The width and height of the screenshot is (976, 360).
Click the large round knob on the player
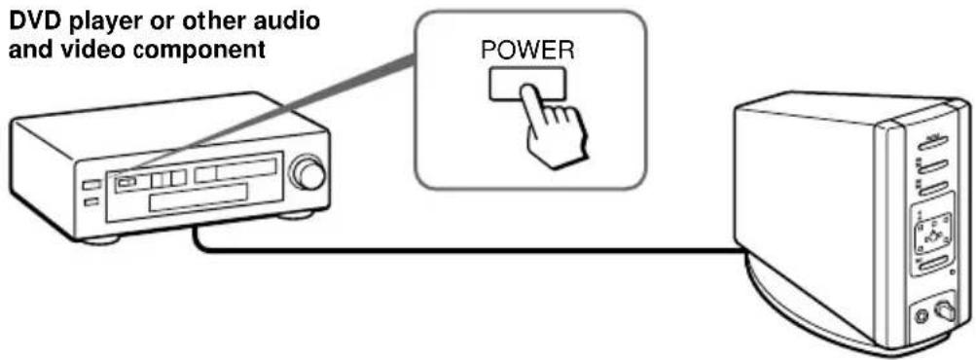[x=310, y=175]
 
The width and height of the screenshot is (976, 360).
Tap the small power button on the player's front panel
[x=126, y=181]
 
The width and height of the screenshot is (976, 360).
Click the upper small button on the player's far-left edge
[x=90, y=184]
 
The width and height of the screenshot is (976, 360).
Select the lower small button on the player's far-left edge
[x=90, y=201]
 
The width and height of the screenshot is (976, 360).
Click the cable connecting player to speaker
[x=467, y=251]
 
